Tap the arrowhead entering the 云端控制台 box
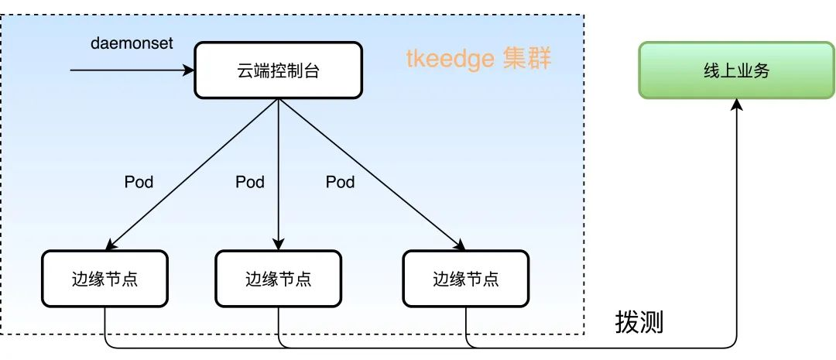[189, 70]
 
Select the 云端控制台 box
[278, 70]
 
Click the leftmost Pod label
[139, 182]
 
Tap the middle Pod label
[250, 182]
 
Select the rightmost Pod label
[340, 182]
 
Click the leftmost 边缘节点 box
[104, 278]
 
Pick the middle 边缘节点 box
[278, 278]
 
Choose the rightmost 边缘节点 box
[465, 278]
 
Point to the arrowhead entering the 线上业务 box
[737, 105]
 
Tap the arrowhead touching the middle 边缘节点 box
[278, 245]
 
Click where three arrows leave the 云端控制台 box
[278, 100]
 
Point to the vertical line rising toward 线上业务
[737, 225]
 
